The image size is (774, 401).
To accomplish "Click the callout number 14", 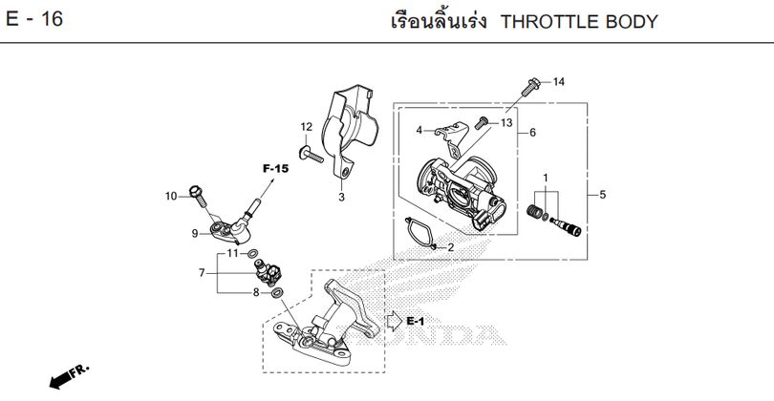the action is coord(558,82).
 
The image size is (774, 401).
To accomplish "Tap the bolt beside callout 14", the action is coord(530,87).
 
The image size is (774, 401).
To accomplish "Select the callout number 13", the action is coord(506,122).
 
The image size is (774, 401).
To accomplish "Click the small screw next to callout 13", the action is coord(482,122).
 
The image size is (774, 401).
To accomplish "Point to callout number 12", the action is coord(307,127).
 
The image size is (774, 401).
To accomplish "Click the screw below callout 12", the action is coord(311,154).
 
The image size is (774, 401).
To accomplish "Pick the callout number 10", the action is coord(171,196).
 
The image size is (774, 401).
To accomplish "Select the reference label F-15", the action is coord(275,169).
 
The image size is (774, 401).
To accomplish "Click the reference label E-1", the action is coord(415,321).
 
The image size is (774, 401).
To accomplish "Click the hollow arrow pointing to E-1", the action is coord(395,321).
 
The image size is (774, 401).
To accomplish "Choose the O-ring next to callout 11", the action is coord(252,254).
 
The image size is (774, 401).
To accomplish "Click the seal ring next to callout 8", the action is coord(277,293).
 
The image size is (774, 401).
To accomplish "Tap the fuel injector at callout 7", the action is coord(269,273).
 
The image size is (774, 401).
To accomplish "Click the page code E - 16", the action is coord(34,19).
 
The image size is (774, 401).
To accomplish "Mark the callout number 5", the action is coord(602,195).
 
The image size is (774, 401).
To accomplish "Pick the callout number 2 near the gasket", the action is coord(450,247).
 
